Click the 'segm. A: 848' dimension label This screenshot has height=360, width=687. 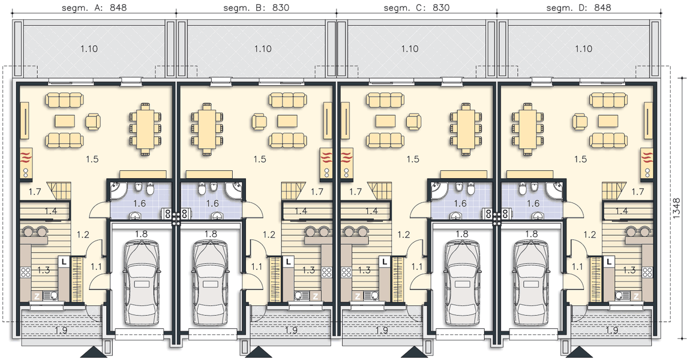tap(94, 7)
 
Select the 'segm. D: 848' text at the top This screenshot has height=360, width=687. tap(579, 7)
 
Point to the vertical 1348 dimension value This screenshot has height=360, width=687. tap(678, 208)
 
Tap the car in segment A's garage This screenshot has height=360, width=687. tap(141, 283)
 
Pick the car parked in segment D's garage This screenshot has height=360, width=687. tap(530, 283)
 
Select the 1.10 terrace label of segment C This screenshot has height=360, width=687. tap(410, 49)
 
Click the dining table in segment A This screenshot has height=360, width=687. tap(145, 128)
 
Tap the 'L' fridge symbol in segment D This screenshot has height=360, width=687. tap(609, 262)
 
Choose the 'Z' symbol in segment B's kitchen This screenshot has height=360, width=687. tap(316, 296)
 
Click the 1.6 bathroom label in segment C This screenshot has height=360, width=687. tap(460, 203)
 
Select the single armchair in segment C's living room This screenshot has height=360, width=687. tap(413, 121)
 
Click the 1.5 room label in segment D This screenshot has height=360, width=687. tap(580, 159)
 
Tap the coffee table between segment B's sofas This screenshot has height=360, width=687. tap(287, 121)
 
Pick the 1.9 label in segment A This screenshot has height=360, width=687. tap(62, 331)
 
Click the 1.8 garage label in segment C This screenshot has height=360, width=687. tap(462, 234)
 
